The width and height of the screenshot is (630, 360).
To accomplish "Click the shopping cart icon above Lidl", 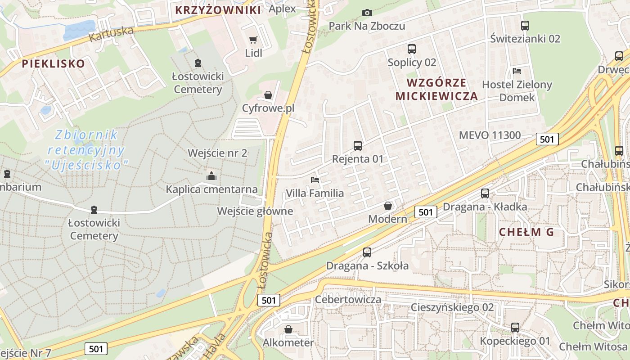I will pyautogui.click(x=253, y=40).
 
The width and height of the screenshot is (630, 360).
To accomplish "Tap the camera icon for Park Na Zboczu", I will pyautogui.click(x=367, y=13).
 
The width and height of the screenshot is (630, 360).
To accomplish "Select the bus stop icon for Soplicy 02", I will pyautogui.click(x=412, y=49).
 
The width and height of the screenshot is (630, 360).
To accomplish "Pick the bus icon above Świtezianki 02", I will pyautogui.click(x=525, y=26).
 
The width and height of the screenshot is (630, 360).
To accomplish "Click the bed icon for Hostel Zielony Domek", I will pyautogui.click(x=517, y=71).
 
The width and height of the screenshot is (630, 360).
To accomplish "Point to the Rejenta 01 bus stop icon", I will pyautogui.click(x=358, y=146).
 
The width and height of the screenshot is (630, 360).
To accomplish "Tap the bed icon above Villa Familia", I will pyautogui.click(x=315, y=180).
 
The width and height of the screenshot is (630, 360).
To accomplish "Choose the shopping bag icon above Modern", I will pyautogui.click(x=388, y=206).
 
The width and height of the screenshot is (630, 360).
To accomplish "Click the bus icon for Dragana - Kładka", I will pyautogui.click(x=485, y=193).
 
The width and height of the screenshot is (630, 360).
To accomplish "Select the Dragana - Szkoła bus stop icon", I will pyautogui.click(x=367, y=252).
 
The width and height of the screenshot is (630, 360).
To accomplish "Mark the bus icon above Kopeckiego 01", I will pyautogui.click(x=515, y=328).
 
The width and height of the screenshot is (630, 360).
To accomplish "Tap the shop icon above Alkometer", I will pyautogui.click(x=288, y=330).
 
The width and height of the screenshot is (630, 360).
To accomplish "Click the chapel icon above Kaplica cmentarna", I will pyautogui.click(x=211, y=176).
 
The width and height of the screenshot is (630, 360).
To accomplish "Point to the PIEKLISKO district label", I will pyautogui.click(x=54, y=63).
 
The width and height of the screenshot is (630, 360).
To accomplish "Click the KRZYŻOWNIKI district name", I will pyautogui.click(x=218, y=10).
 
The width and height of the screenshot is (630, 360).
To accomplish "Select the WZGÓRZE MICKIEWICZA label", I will pyautogui.click(x=436, y=89).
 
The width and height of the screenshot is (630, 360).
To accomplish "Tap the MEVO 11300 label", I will pyautogui.click(x=490, y=135).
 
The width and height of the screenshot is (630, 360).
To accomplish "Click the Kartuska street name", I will pyautogui.click(x=112, y=34).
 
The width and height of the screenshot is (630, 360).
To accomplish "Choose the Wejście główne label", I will pyautogui.click(x=255, y=211).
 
